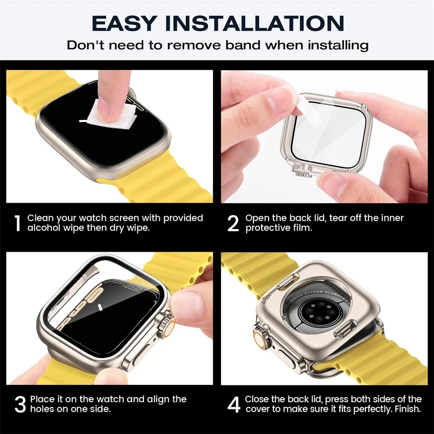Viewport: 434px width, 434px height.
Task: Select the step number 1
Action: [17, 223]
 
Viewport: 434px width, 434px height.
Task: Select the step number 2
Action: [233, 223]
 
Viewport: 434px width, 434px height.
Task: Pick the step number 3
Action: [20, 404]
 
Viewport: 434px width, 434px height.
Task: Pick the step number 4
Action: [234, 404]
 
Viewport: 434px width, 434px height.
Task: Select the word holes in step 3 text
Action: [43, 409]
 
